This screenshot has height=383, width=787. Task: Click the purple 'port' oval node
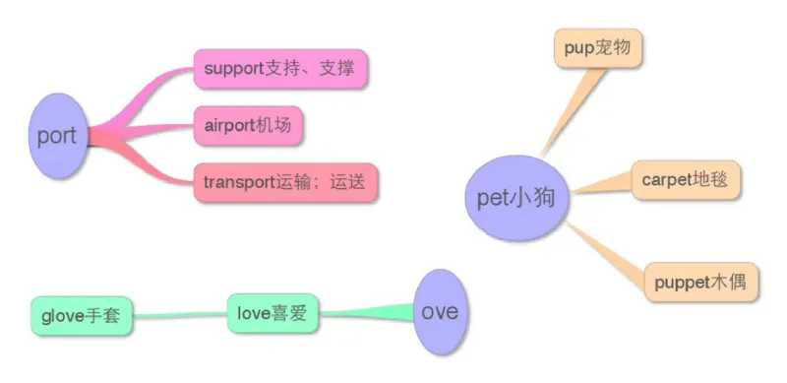pyautogui.click(x=56, y=136)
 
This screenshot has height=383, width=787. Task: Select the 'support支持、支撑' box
pyautogui.click(x=279, y=70)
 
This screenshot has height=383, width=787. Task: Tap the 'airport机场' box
pyautogui.click(x=248, y=126)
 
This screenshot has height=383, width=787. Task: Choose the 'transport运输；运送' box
pyautogui.click(x=285, y=182)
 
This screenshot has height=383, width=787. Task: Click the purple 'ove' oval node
pyautogui.click(x=439, y=311)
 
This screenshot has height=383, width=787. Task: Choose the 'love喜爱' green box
pyautogui.click(x=273, y=314)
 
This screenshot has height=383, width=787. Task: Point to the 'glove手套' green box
pyautogui.click(x=81, y=315)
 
